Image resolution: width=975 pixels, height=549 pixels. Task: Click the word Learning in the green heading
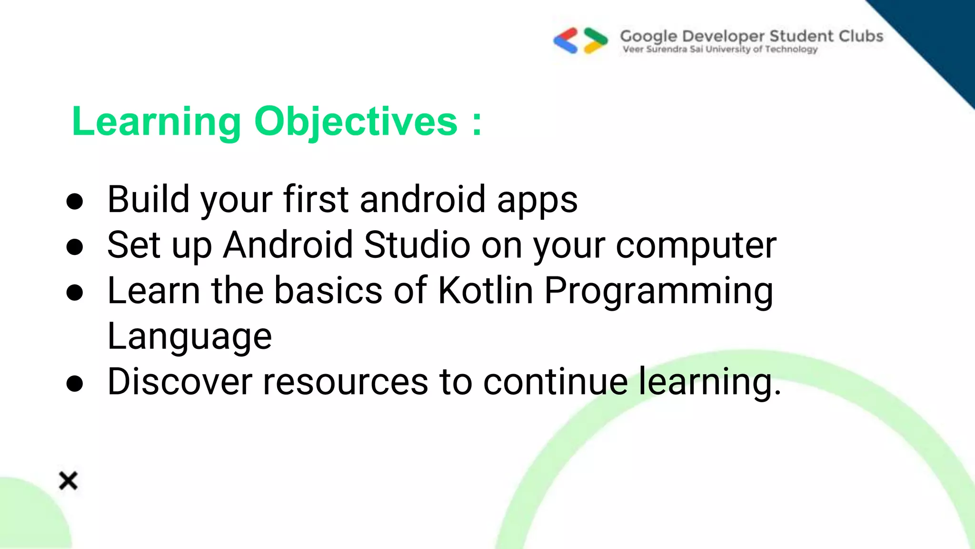(157, 122)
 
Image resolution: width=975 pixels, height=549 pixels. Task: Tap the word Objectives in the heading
(356, 122)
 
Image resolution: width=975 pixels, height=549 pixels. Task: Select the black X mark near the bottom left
(68, 480)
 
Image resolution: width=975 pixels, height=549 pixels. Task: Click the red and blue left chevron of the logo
(566, 41)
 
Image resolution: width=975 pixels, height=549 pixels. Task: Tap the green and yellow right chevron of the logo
(596, 41)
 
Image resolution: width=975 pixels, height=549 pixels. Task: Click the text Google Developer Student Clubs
(751, 36)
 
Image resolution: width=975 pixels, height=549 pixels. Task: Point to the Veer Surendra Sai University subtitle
(720, 49)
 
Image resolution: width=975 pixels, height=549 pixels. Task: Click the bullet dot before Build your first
(75, 202)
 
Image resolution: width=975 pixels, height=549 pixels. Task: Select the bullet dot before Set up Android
(75, 247)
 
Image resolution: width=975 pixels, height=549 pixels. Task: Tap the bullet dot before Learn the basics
(75, 293)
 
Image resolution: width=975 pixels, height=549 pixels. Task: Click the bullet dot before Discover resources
(75, 384)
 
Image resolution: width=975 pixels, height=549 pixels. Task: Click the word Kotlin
(485, 290)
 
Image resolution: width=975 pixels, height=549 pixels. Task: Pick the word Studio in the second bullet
(417, 245)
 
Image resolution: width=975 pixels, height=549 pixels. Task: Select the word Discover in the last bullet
(179, 382)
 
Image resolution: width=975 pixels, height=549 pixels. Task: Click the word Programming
(658, 291)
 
